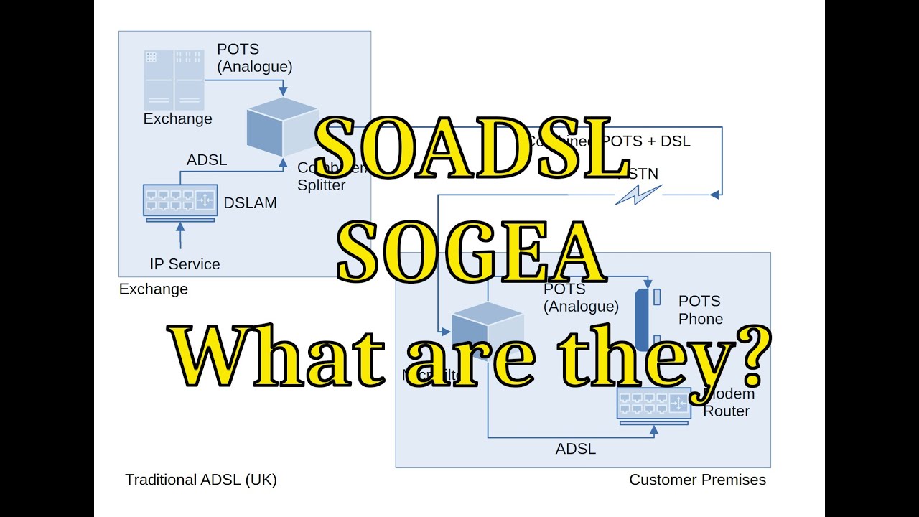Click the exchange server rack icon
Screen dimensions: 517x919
point(174,79)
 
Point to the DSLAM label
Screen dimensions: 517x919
point(250,203)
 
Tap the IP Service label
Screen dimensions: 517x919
point(185,264)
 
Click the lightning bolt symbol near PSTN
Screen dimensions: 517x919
point(638,194)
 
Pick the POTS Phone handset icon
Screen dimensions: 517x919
point(642,318)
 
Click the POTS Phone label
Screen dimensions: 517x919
point(700,309)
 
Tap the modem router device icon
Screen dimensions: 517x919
point(653,406)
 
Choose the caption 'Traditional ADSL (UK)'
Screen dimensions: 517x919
point(201,480)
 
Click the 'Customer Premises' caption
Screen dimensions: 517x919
point(697,480)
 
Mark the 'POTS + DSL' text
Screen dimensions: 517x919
point(645,141)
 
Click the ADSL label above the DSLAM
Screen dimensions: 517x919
point(207,160)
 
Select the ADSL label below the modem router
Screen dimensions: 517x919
point(576,450)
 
